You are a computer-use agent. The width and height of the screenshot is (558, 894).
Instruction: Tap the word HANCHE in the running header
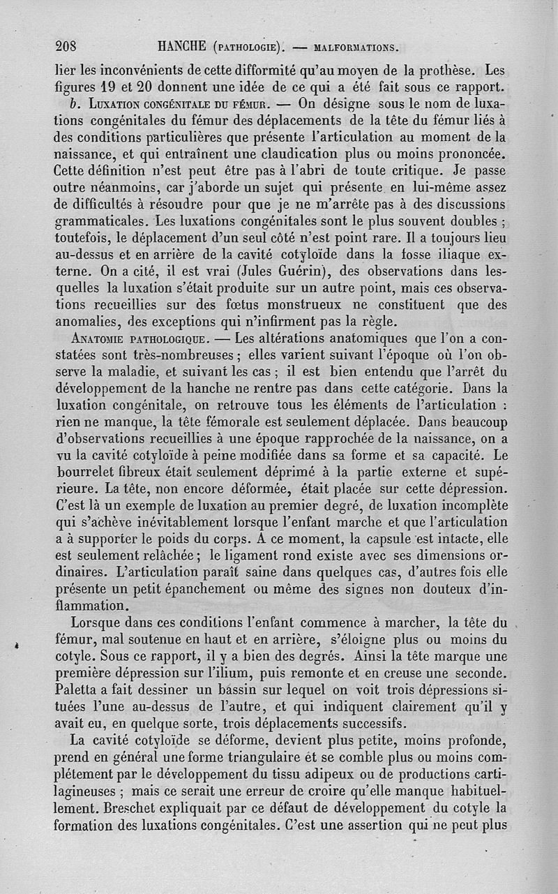coord(182,47)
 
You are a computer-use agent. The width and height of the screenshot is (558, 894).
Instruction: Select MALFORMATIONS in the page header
coord(356,48)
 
